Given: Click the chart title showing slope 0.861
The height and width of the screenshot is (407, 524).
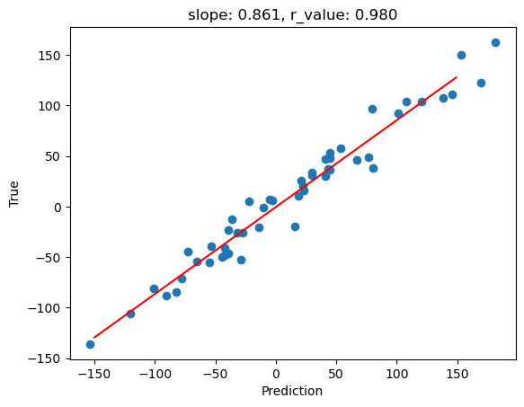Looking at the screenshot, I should click(x=292, y=14).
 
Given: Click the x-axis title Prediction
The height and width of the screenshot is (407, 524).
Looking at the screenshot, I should click(x=292, y=392).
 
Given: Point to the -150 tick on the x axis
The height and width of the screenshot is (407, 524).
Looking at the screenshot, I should click(x=94, y=374).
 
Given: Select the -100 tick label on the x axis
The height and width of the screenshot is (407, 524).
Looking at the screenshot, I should click(x=155, y=374).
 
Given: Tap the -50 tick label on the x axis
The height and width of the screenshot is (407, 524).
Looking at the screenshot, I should click(x=216, y=374).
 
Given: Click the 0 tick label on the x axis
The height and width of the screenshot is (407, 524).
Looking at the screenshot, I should click(x=276, y=374).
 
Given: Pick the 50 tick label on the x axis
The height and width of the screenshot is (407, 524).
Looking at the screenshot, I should click(x=337, y=374).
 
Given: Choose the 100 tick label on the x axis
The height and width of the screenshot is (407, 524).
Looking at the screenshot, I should click(x=397, y=374).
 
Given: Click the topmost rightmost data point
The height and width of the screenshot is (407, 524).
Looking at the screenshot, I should click(x=495, y=42).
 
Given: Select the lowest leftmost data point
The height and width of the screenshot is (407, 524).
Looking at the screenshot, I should click(x=90, y=344).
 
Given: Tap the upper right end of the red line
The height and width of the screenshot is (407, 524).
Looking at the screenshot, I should click(x=457, y=77).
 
